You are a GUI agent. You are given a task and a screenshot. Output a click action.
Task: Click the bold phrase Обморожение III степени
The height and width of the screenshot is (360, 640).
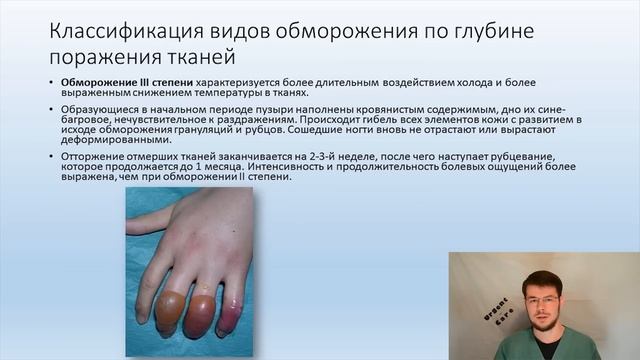[116, 80]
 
